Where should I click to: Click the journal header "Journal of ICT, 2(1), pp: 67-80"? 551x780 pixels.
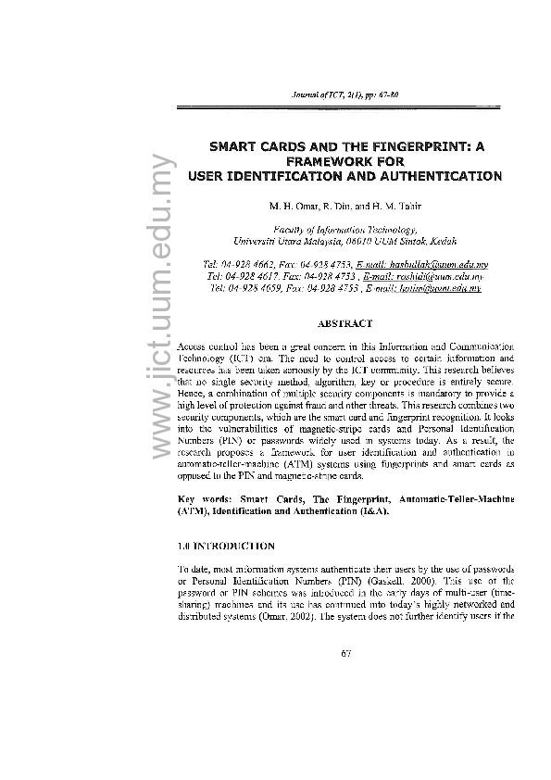click(344, 95)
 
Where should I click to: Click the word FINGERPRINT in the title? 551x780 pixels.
click(418, 146)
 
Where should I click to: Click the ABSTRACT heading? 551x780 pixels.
click(344, 323)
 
